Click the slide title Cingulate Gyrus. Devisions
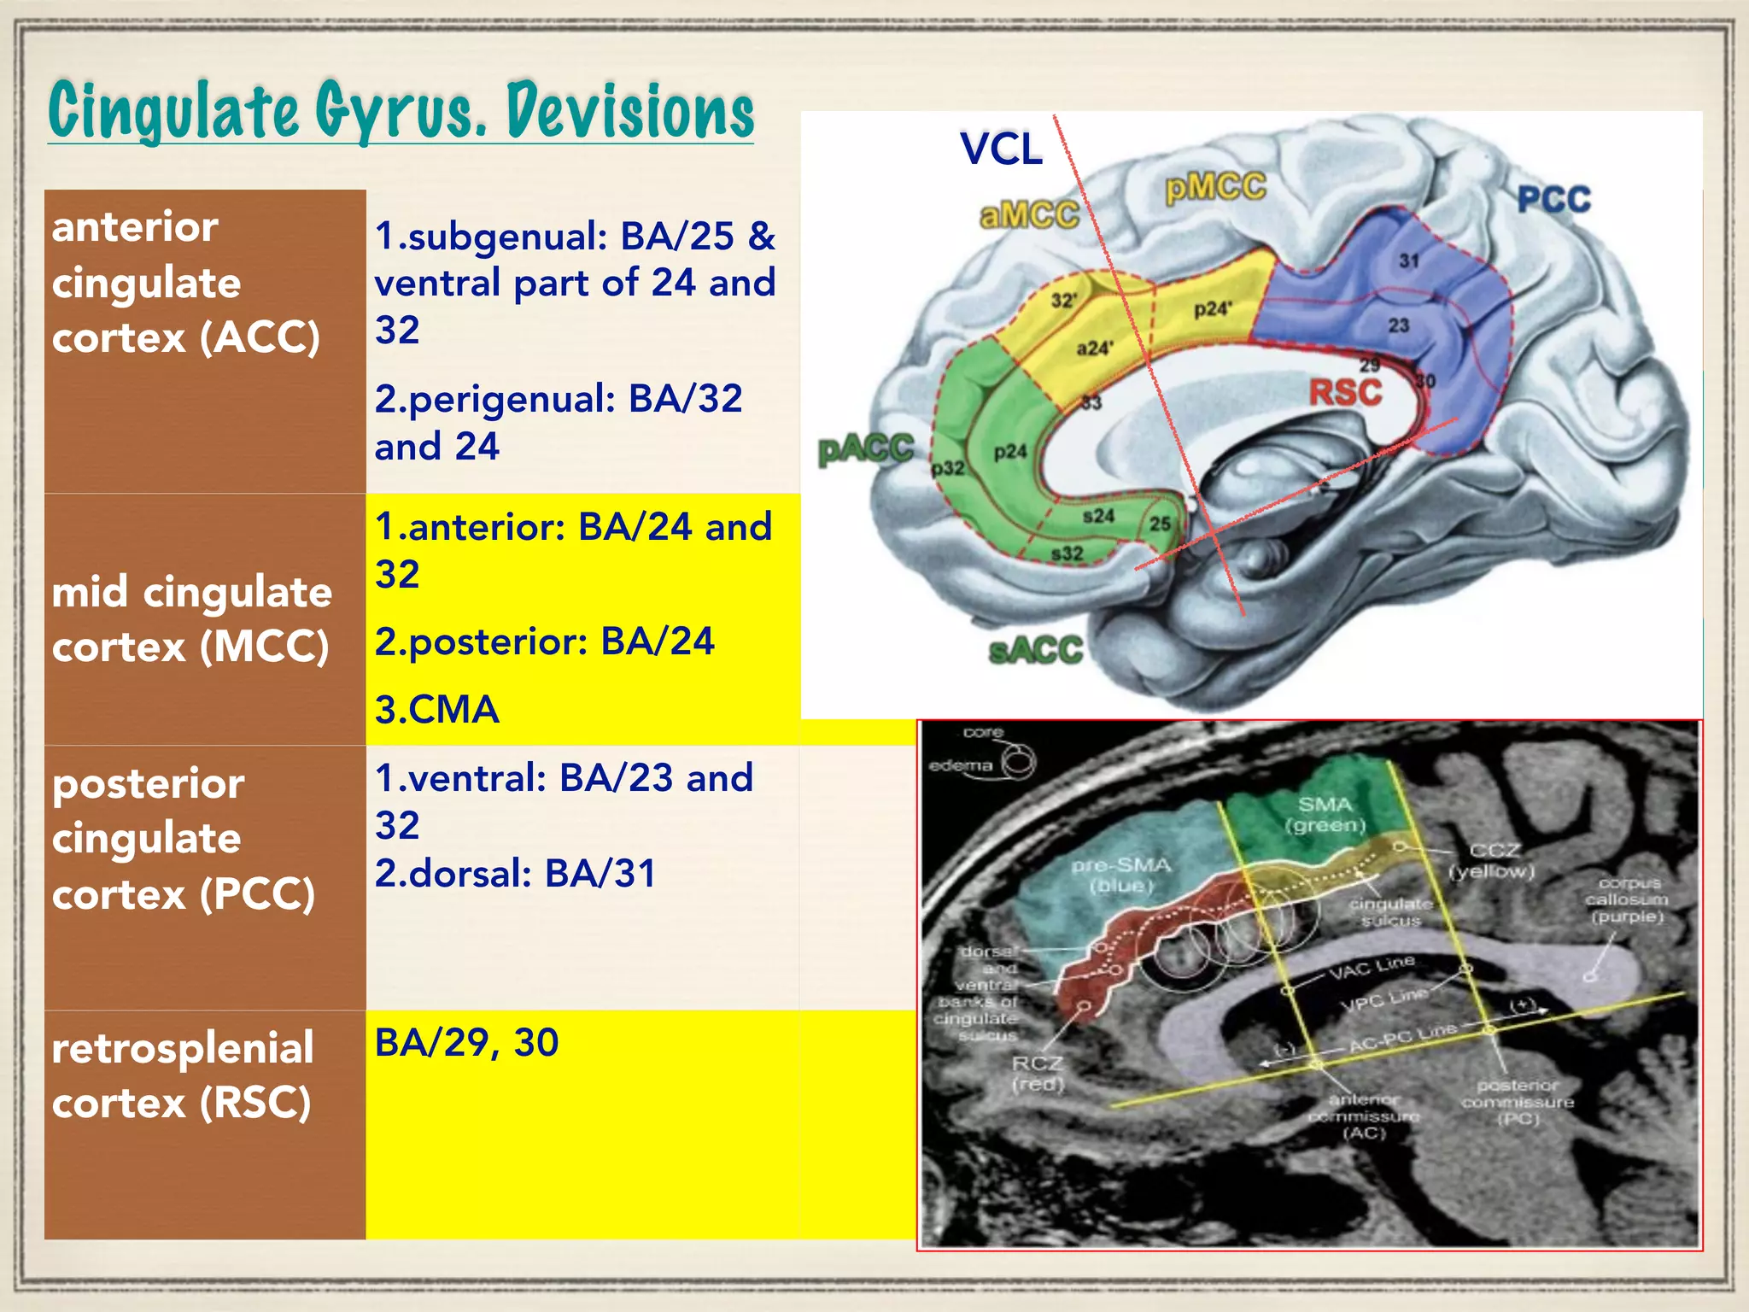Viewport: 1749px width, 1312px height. (x=401, y=111)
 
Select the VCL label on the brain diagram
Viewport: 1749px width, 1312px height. (x=1001, y=149)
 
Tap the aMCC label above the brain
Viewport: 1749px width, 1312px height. (x=1029, y=215)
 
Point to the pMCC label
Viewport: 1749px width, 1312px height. (x=1216, y=187)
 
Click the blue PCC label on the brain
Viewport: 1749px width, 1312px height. (x=1553, y=200)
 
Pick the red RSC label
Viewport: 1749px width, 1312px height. (x=1345, y=393)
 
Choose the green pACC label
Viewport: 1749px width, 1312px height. (x=865, y=449)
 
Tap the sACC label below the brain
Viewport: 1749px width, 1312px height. (x=1035, y=652)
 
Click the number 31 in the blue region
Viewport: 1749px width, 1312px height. (x=1408, y=261)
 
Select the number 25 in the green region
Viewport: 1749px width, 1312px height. (x=1160, y=524)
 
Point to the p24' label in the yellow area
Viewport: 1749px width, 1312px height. (x=1213, y=309)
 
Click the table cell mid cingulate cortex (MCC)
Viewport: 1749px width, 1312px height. (x=191, y=618)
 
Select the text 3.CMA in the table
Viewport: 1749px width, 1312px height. (x=436, y=710)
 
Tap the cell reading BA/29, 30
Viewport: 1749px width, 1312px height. (x=466, y=1043)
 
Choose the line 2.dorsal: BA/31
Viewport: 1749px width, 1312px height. (x=516, y=874)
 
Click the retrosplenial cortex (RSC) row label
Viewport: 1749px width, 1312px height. (x=183, y=1075)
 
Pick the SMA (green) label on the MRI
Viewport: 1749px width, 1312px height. (x=1325, y=815)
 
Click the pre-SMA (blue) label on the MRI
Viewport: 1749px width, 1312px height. (x=1121, y=876)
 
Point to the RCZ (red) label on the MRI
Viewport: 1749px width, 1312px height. (x=1038, y=1074)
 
